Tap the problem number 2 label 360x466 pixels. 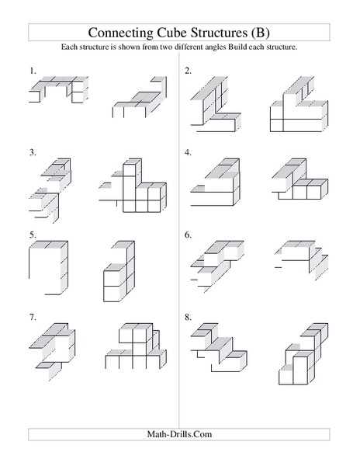188,71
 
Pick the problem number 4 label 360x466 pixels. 188,152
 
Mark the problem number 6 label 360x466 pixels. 188,234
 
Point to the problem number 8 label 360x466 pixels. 188,317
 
